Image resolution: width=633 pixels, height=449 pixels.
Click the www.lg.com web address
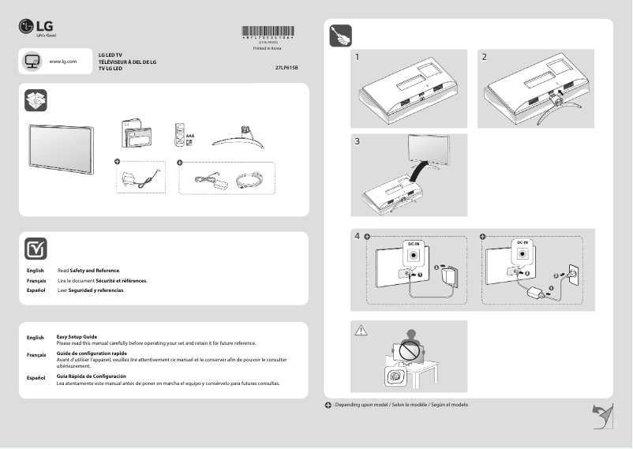pyautogui.click(x=62, y=61)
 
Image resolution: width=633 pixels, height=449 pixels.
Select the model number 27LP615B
pyautogui.click(x=287, y=69)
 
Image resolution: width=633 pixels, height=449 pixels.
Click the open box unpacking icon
pyautogui.click(x=36, y=100)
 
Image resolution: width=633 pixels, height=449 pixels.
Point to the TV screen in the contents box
pyautogui.click(x=62, y=148)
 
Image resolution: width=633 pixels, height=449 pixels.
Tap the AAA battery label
pyautogui.click(x=190, y=136)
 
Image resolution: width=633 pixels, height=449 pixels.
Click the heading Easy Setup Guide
pyautogui.click(x=77, y=337)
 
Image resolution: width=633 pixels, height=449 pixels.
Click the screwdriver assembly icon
pyautogui.click(x=340, y=36)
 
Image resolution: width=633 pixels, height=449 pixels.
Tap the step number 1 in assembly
pyautogui.click(x=358, y=58)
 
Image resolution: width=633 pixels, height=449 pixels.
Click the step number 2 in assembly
pyautogui.click(x=484, y=58)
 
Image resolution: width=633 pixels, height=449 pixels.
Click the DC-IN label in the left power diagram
pyautogui.click(x=414, y=244)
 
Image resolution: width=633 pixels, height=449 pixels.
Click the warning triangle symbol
pyautogui.click(x=361, y=330)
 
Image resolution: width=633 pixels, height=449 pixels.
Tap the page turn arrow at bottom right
pyautogui.click(x=602, y=413)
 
